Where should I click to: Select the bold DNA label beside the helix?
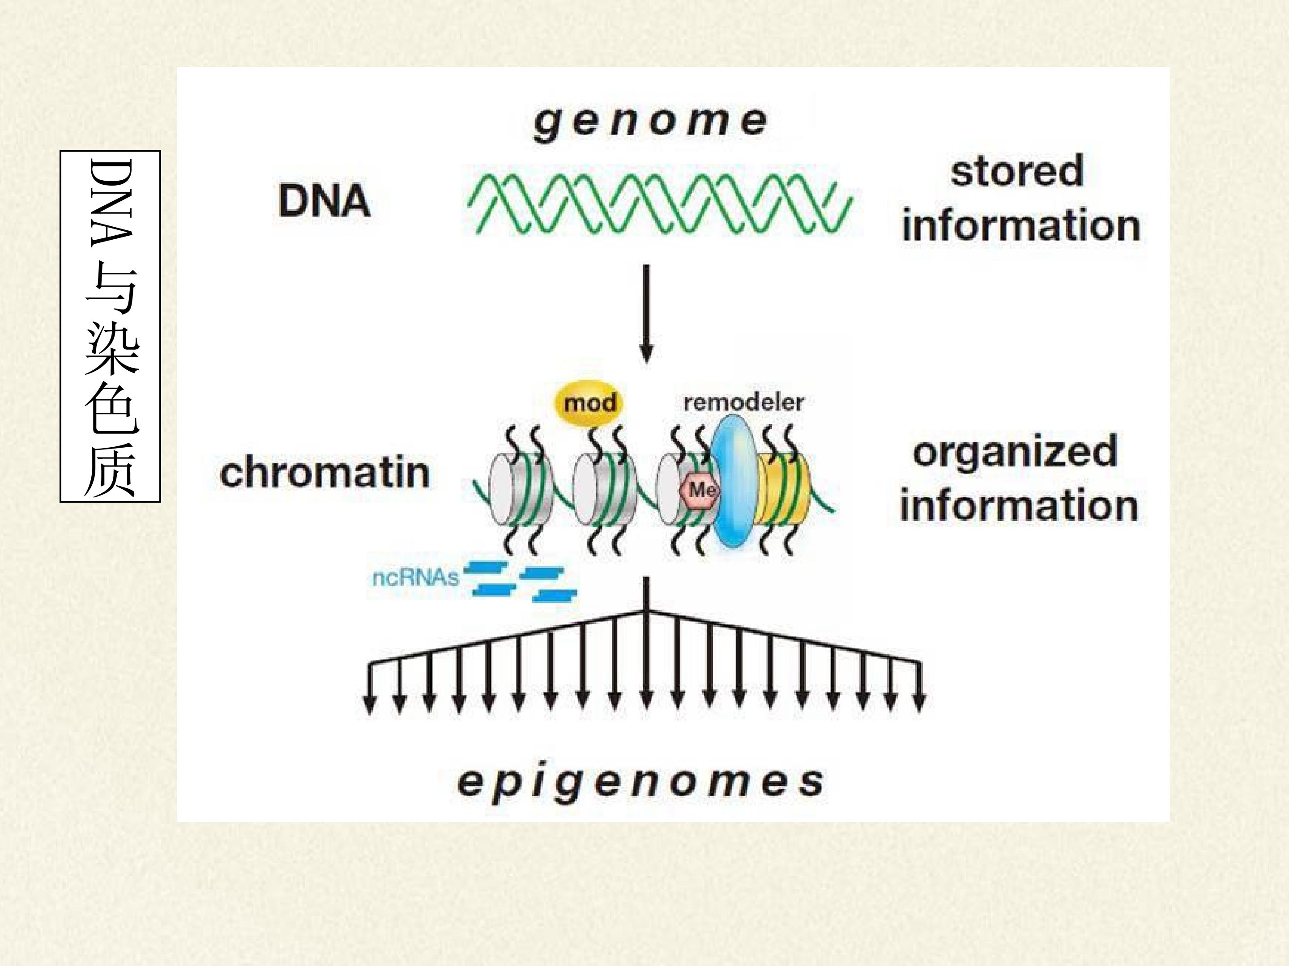[324, 201]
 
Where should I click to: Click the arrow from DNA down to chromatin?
[646, 314]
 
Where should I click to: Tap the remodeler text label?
[743, 402]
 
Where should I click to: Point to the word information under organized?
[1019, 505]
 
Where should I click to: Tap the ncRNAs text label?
[415, 578]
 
